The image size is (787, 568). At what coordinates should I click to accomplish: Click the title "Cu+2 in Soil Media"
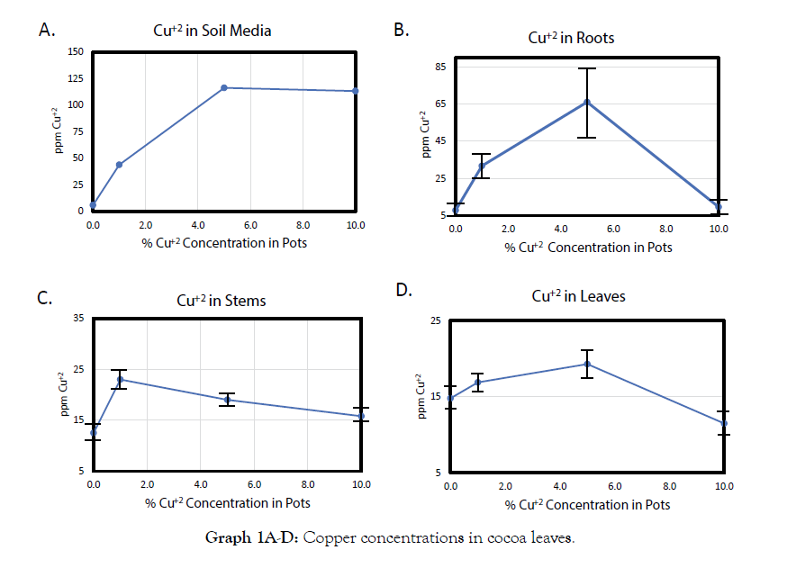click(212, 32)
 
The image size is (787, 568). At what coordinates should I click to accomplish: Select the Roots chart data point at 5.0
click(587, 102)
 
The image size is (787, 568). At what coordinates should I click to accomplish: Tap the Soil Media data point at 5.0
click(224, 87)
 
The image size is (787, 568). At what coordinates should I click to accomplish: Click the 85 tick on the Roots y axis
click(439, 67)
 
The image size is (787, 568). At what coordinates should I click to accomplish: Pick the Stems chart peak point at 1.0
click(120, 379)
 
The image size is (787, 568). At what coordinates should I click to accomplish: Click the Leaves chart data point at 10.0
click(724, 423)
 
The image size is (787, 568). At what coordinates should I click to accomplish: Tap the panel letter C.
click(43, 298)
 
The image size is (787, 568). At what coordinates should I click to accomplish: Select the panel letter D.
click(404, 291)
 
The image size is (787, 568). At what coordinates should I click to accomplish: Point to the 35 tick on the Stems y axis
click(77, 318)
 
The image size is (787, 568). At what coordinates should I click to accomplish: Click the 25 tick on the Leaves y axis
click(435, 321)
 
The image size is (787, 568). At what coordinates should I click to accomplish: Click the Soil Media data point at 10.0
click(356, 91)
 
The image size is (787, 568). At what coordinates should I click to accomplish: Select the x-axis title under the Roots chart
click(588, 248)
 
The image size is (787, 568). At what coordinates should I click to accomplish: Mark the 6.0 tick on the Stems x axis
click(254, 485)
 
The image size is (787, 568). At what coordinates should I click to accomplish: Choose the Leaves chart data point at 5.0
click(587, 365)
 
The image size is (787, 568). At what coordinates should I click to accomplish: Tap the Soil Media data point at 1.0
click(119, 165)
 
